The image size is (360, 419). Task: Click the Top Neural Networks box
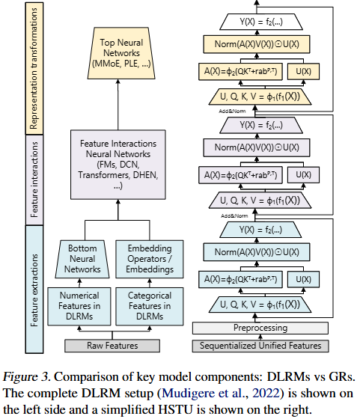(x=121, y=53)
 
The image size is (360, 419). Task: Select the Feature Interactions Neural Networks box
(x=118, y=165)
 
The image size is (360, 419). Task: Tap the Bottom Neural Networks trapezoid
(x=82, y=259)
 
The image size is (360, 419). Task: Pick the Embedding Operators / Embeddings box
(x=150, y=259)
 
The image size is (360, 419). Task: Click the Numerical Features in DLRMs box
(x=79, y=306)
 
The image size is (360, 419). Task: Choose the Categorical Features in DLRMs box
(x=150, y=306)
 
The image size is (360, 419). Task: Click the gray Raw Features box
(x=112, y=346)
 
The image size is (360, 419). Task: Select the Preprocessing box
(x=260, y=328)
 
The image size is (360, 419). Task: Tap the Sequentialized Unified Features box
(x=260, y=346)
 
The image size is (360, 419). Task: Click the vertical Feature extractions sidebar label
(x=34, y=290)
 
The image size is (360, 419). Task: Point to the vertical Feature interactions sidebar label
(x=34, y=180)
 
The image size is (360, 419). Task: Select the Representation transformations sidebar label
(x=34, y=68)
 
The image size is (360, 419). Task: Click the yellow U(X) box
(x=303, y=71)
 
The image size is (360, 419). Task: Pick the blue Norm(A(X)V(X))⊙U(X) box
(x=257, y=252)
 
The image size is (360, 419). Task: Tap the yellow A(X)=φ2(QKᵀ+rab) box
(x=240, y=71)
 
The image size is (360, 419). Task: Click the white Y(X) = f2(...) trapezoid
(x=261, y=22)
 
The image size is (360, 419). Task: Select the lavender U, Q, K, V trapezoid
(x=260, y=201)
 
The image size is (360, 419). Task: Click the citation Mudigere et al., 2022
(x=222, y=393)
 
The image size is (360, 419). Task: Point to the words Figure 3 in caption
(x=26, y=377)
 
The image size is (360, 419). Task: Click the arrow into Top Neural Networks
(x=118, y=105)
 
